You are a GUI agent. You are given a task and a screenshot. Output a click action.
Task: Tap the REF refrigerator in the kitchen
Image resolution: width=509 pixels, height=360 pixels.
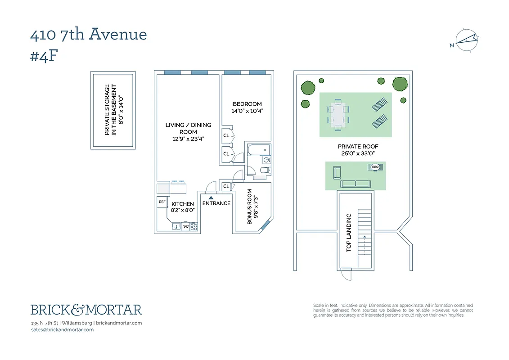(x=162, y=202)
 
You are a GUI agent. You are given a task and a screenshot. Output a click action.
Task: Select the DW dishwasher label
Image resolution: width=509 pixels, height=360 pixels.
(x=185, y=227)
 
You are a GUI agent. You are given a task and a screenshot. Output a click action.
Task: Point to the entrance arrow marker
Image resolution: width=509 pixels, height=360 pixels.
(x=211, y=198)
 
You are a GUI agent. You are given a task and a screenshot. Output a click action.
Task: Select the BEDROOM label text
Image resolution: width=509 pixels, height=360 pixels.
(x=247, y=104)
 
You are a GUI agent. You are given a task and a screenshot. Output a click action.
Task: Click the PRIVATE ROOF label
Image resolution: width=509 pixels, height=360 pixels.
(x=358, y=147)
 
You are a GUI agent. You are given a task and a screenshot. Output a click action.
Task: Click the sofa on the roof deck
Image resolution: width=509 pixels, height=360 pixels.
(x=356, y=184)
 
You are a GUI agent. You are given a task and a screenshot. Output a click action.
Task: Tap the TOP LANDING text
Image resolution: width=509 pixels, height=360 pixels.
(x=348, y=233)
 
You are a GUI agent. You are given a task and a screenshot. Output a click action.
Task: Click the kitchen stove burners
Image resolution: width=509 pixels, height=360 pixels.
(x=194, y=227)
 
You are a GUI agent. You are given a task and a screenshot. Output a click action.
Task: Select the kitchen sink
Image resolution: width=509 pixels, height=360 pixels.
(x=176, y=226)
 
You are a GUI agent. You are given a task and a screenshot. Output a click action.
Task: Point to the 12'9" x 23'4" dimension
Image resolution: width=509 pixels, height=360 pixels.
(x=188, y=139)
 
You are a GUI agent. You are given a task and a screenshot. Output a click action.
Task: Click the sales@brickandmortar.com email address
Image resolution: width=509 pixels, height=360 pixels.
(x=62, y=329)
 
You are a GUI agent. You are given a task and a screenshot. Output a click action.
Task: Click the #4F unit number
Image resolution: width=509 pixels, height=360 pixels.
(x=44, y=56)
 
